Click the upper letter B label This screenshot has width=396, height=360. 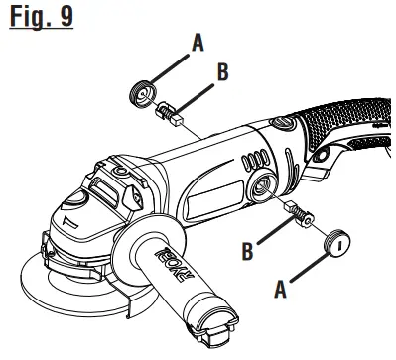(x=222, y=72)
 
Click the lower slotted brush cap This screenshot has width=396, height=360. (x=338, y=243)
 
